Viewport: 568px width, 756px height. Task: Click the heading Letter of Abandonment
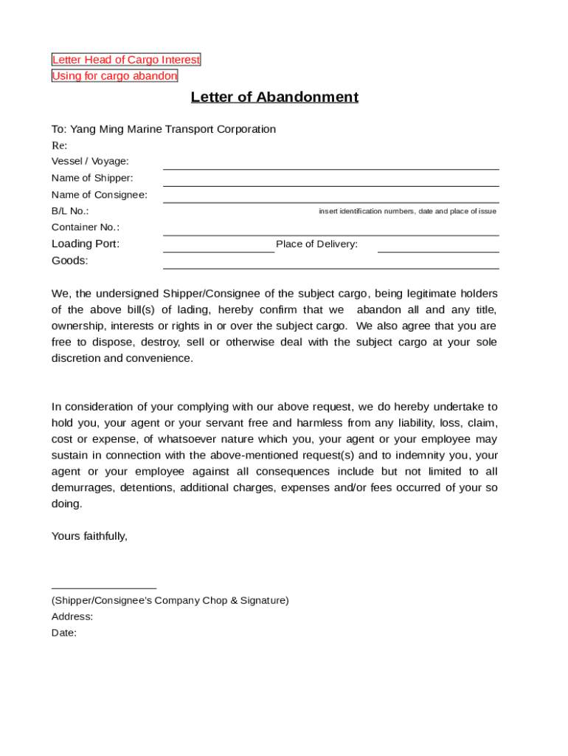274,97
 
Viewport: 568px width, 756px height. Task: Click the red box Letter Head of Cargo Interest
125,60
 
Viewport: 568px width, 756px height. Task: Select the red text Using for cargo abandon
114,76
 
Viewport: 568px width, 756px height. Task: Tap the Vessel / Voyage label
90,161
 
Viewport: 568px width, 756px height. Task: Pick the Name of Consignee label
99,195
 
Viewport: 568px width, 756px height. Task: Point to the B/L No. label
70,211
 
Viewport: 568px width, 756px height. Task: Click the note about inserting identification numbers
407,211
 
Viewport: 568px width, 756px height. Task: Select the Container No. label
85,227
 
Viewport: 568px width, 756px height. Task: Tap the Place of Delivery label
316,244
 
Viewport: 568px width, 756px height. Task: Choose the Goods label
69,261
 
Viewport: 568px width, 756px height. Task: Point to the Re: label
59,145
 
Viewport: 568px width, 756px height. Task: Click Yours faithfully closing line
89,536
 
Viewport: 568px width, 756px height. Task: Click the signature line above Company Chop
103,588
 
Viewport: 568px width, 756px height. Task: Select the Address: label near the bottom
72,616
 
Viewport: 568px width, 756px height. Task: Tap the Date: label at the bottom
64,633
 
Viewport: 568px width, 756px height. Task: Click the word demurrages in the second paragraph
83,487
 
